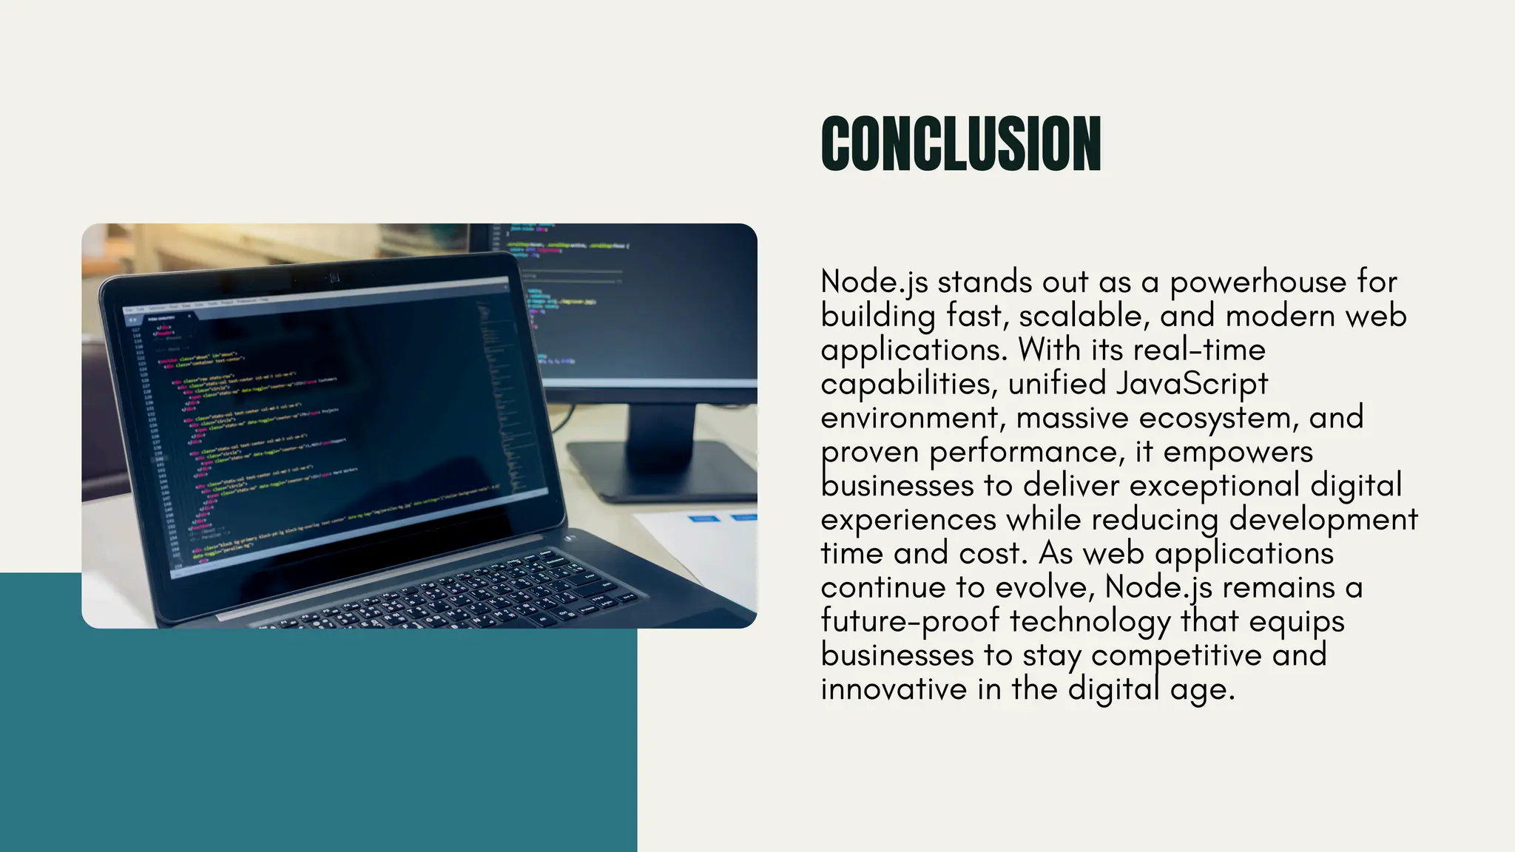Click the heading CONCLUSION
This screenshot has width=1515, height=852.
(x=961, y=144)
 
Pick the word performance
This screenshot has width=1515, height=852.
(x=1028, y=452)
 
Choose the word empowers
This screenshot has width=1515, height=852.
(x=1238, y=452)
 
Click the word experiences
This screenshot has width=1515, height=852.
(x=908, y=520)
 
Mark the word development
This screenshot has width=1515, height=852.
(x=1323, y=520)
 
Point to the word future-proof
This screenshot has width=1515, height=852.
(x=910, y=621)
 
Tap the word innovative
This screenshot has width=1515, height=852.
(x=894, y=689)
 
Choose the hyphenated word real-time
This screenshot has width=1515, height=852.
(x=1199, y=351)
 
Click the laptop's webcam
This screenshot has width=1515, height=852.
(x=334, y=277)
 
